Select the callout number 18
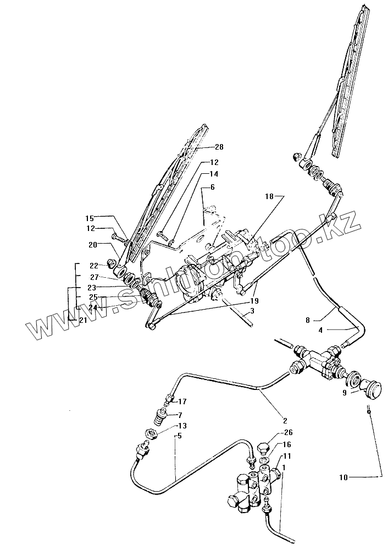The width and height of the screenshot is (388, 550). click(269, 196)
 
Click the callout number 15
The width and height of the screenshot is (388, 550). click(90, 218)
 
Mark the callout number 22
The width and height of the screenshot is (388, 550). click(93, 266)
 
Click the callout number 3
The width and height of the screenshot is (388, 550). click(252, 311)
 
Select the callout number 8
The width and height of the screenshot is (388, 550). click(308, 319)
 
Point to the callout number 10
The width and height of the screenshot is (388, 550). click(343, 478)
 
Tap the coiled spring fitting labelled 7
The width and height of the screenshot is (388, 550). click(161, 416)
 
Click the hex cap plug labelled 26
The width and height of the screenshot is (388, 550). click(263, 444)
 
